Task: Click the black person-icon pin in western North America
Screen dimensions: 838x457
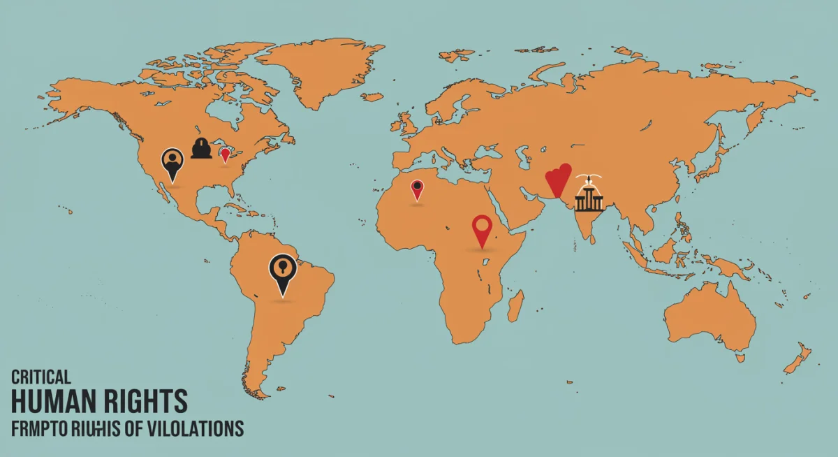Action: [172, 162]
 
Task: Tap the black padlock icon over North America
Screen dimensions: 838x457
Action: [201, 148]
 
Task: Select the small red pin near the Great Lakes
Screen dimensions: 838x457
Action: [225, 154]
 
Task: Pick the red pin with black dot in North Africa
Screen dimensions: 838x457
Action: [417, 188]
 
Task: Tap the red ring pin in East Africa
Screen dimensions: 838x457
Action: [483, 228]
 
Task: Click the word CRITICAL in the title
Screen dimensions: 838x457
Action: [41, 377]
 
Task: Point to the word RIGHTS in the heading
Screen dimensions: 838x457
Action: [149, 402]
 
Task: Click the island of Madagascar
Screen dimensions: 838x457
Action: [515, 306]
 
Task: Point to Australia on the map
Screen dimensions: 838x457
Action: [709, 318]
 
